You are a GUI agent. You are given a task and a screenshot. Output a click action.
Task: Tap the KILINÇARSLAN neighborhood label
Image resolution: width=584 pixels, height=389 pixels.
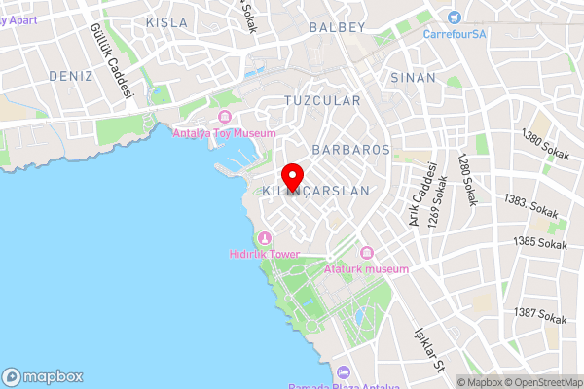(316, 192)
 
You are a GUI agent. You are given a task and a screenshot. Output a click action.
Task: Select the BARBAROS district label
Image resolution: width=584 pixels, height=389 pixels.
(350, 150)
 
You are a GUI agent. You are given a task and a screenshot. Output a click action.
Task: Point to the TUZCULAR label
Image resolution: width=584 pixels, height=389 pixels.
(322, 100)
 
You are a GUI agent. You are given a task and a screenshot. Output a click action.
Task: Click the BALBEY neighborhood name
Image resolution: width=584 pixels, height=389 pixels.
(337, 27)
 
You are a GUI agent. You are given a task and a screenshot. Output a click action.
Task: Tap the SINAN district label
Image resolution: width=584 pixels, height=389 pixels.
(413, 76)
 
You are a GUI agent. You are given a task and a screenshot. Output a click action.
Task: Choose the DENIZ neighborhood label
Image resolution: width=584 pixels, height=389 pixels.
(70, 76)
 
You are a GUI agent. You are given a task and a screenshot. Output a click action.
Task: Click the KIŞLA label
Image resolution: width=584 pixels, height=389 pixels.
(164, 21)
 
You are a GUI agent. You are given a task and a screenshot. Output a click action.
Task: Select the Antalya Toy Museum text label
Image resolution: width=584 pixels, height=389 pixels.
(224, 133)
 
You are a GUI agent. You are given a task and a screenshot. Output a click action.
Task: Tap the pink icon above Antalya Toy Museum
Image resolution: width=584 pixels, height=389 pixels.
(224, 118)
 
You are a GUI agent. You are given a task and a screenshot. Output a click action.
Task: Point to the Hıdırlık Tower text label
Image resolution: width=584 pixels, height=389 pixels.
(264, 254)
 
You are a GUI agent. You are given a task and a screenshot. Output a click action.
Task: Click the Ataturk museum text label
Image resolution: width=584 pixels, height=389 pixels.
(367, 267)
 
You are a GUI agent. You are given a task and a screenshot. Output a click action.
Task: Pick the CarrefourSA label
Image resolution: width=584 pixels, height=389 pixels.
(455, 33)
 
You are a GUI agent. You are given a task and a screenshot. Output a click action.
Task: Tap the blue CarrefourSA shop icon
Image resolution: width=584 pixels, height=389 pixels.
(454, 17)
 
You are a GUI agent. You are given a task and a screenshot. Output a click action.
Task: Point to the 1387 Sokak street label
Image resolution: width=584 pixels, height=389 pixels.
(540, 316)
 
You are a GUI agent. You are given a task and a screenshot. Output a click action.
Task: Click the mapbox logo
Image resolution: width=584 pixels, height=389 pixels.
(43, 377)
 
